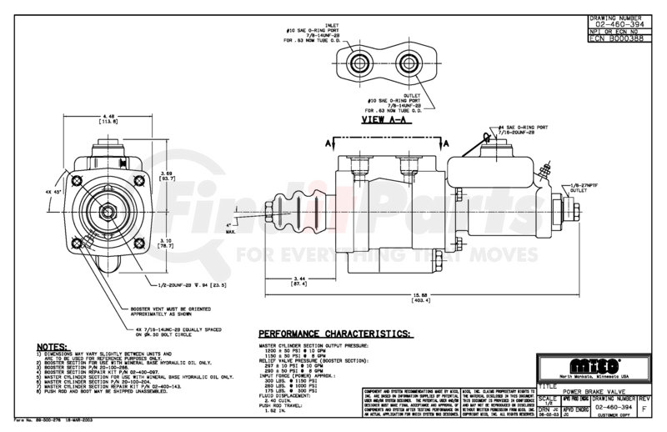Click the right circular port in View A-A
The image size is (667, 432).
tap(410, 63)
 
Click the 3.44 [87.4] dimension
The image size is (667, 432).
tap(299, 282)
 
